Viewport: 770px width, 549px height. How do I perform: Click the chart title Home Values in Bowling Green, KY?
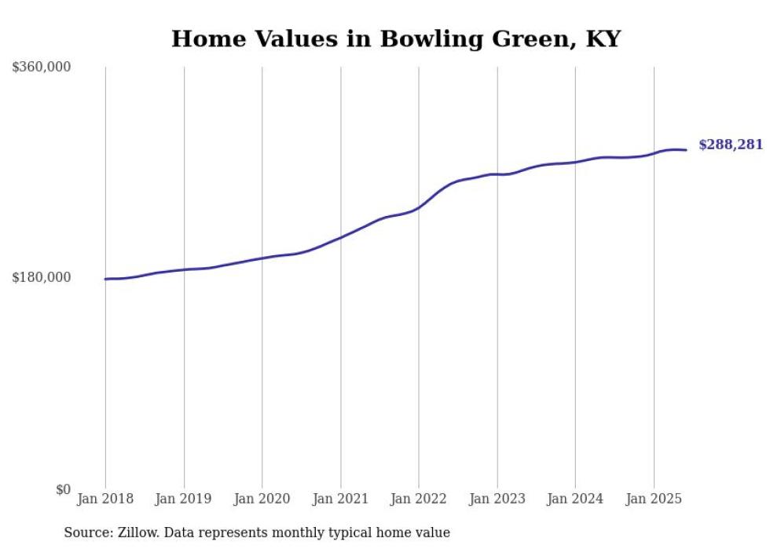pyautogui.click(x=395, y=39)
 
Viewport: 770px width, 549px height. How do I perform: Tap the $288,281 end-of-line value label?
pyautogui.click(x=730, y=145)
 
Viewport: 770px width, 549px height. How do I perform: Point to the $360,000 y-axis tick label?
pyautogui.click(x=41, y=68)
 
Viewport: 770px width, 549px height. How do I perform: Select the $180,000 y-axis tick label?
pyautogui.click(x=41, y=277)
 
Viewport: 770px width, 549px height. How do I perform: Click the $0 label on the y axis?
pyautogui.click(x=63, y=489)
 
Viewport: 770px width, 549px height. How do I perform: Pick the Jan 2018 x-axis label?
pyautogui.click(x=105, y=499)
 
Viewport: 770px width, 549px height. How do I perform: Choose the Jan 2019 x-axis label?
pyautogui.click(x=184, y=499)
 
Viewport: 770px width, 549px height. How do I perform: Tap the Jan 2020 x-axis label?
pyautogui.click(x=262, y=499)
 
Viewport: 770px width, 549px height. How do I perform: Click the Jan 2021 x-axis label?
pyautogui.click(x=340, y=499)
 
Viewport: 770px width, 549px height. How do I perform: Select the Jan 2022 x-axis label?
pyautogui.click(x=419, y=499)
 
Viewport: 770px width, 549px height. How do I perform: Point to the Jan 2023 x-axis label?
pyautogui.click(x=497, y=499)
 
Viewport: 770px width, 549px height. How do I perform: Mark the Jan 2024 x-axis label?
pyautogui.click(x=575, y=499)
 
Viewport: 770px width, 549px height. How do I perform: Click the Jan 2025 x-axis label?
pyautogui.click(x=654, y=499)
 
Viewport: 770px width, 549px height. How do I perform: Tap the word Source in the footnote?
pyautogui.click(x=84, y=533)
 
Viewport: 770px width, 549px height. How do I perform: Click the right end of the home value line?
pyautogui.click(x=686, y=150)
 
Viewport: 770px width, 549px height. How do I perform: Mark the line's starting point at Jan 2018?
pyautogui.click(x=105, y=279)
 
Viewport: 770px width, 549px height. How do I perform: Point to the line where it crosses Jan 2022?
pyautogui.click(x=419, y=207)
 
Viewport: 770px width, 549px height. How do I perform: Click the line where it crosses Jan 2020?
pyautogui.click(x=262, y=258)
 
